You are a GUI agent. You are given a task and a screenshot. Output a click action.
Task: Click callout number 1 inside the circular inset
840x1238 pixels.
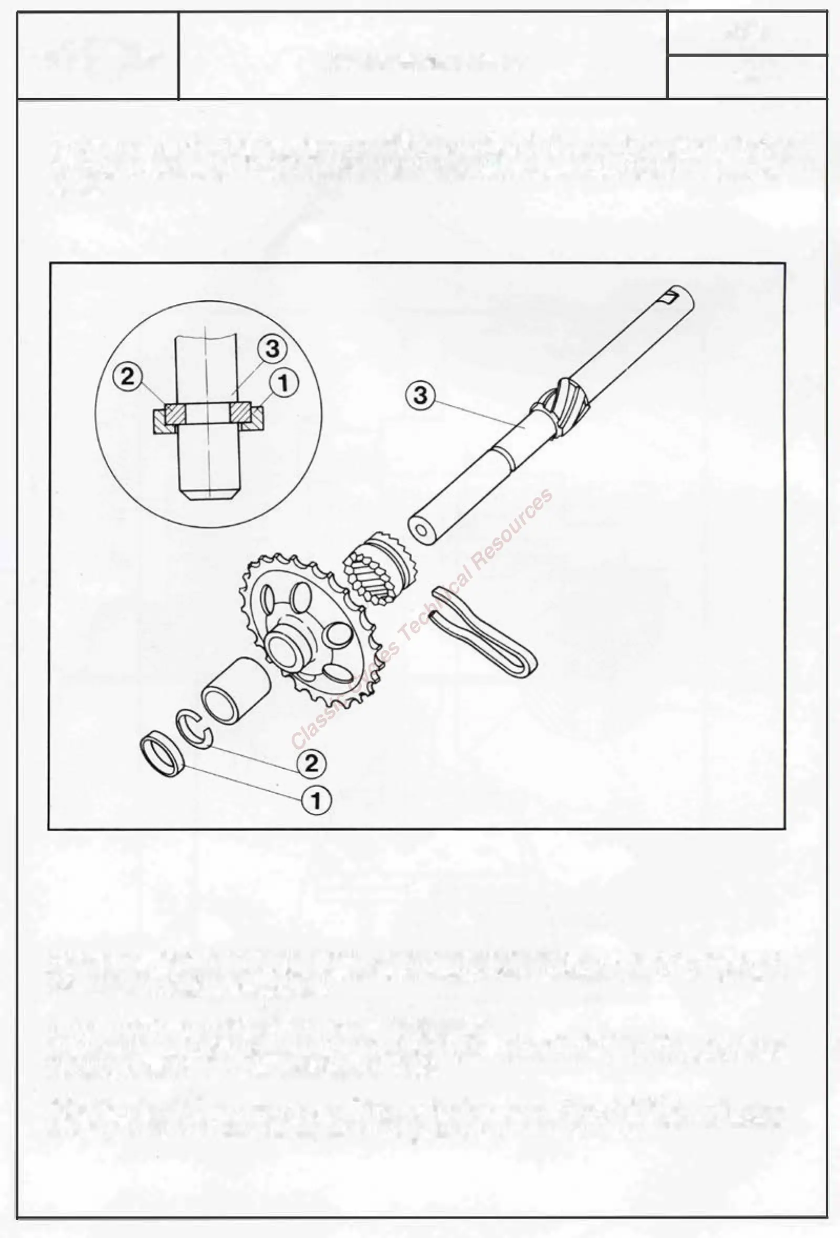(283, 383)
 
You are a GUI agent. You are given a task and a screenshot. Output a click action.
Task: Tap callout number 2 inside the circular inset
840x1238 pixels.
(128, 377)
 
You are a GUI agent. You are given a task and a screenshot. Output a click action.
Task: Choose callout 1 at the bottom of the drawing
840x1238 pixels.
(316, 800)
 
